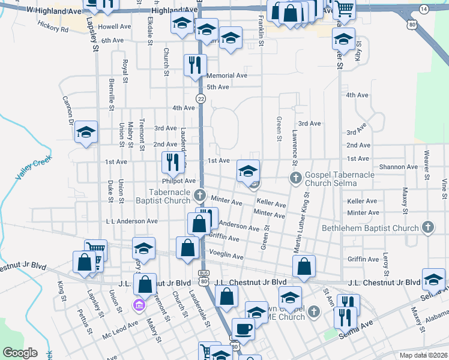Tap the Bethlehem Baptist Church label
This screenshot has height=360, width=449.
pos(370,228)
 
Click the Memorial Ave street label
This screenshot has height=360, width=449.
pos(226,76)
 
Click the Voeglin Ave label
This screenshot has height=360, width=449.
pos(226,256)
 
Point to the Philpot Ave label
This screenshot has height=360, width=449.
pos(179,181)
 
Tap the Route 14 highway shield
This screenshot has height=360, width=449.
pos(424,9)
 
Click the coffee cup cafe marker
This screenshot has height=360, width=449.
pos(243,328)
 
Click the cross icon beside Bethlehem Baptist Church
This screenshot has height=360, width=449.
pos(427,227)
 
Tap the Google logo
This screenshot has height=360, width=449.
pos(20,353)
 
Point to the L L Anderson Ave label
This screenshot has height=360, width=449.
pos(131,221)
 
